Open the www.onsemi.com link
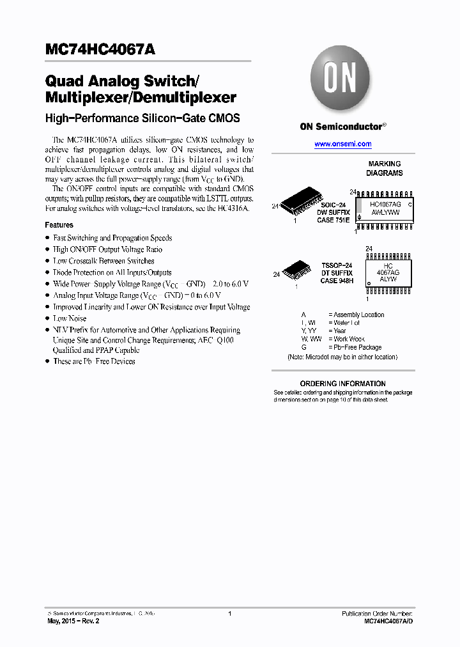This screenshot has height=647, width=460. click(x=342, y=144)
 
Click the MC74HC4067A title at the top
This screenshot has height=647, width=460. click(x=100, y=49)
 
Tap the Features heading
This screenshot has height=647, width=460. click(x=59, y=225)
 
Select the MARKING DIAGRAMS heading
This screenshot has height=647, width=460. click(x=384, y=169)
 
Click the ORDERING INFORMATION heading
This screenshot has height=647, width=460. click(x=343, y=384)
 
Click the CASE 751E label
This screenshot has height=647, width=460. click(x=334, y=220)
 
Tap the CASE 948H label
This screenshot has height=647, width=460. click(x=337, y=281)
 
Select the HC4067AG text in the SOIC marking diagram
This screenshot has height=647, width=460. click(x=385, y=204)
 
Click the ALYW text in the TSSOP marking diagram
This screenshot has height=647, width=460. click(x=387, y=279)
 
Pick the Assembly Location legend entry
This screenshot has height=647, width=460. click(x=356, y=315)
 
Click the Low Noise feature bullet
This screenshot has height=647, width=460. click(x=70, y=318)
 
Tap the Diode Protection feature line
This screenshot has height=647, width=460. click(x=112, y=272)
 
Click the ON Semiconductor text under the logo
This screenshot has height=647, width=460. click(x=342, y=127)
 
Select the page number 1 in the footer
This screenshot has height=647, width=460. click(x=229, y=613)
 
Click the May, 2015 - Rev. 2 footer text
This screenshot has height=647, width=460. click(x=73, y=621)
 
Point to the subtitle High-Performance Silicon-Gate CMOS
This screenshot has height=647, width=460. click(x=142, y=118)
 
